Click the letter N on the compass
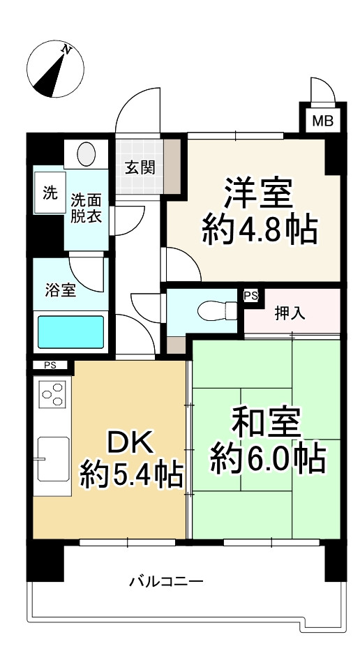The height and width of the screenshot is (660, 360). (x=67, y=50)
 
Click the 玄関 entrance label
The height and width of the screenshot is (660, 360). (x=140, y=167)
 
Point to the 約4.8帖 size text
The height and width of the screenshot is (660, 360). (x=260, y=230)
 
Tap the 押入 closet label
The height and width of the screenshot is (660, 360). (x=290, y=313)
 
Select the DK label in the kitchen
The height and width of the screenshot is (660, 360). (x=131, y=442)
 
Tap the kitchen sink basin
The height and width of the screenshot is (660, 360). (x=53, y=458)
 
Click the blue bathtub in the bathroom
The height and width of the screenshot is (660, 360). (x=70, y=332)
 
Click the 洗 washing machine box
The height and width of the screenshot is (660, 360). (x=50, y=195)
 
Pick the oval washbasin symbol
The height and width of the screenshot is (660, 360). (x=87, y=153)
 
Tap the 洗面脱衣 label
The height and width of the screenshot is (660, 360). (x=87, y=208)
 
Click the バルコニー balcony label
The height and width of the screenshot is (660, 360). (x=166, y=580)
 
